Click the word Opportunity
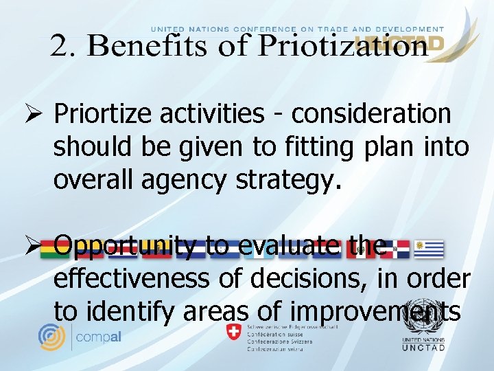tap(125, 245)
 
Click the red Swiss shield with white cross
tap(233, 332)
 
